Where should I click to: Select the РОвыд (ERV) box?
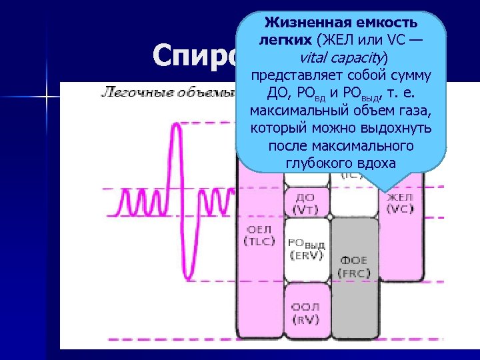(307, 248)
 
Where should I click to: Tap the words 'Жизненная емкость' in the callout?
(341, 23)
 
